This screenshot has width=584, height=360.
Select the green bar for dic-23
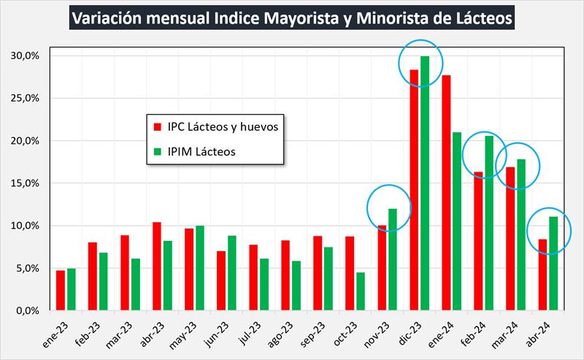(425, 183)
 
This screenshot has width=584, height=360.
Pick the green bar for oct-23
(361, 291)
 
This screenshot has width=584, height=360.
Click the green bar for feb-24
(489, 223)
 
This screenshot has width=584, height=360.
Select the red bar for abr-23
(157, 266)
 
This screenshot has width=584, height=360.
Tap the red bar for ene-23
(61, 290)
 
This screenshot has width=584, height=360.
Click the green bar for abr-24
(553, 263)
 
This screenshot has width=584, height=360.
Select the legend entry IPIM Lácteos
(204, 152)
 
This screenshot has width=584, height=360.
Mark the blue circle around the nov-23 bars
(389, 208)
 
